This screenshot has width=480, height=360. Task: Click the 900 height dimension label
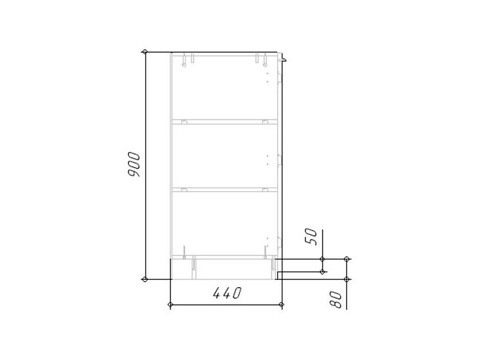tap(134, 164)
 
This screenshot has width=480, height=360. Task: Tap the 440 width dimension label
tap(227, 293)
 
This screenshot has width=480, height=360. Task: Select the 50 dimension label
tap(311, 236)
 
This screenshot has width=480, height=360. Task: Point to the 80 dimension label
tap(336, 299)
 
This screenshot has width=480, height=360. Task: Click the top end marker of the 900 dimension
tap(145, 52)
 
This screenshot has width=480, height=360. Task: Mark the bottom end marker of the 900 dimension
tap(145, 279)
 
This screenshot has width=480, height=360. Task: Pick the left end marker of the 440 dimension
tap(170, 304)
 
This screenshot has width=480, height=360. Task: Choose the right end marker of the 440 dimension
tap(282, 304)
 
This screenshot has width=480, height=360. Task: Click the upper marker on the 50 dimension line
tap(322, 259)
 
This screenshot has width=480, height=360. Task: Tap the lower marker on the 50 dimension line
tap(322, 271)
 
